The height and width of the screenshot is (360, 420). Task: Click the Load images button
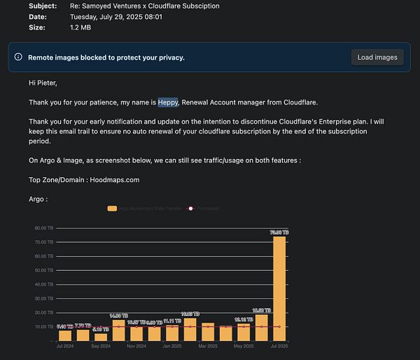[377, 57]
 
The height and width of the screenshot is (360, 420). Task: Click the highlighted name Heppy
[168, 102]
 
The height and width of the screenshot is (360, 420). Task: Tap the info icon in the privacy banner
[18, 57]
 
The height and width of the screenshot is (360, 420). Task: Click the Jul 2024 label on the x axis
[65, 346]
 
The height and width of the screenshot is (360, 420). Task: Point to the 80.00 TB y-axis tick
[43, 228]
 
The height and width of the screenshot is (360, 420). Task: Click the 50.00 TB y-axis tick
[43, 270]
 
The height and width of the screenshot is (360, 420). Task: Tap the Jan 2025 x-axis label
[171, 346]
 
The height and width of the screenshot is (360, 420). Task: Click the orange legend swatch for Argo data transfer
[112, 208]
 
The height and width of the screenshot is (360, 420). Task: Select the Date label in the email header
[38, 17]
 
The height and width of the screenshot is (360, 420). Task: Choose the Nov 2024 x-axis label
[136, 346]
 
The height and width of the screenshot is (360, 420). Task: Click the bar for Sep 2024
[101, 337]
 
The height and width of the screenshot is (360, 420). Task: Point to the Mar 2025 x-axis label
[208, 346]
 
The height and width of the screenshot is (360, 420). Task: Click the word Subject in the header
[43, 6]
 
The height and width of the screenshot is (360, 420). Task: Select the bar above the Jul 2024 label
[65, 333]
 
